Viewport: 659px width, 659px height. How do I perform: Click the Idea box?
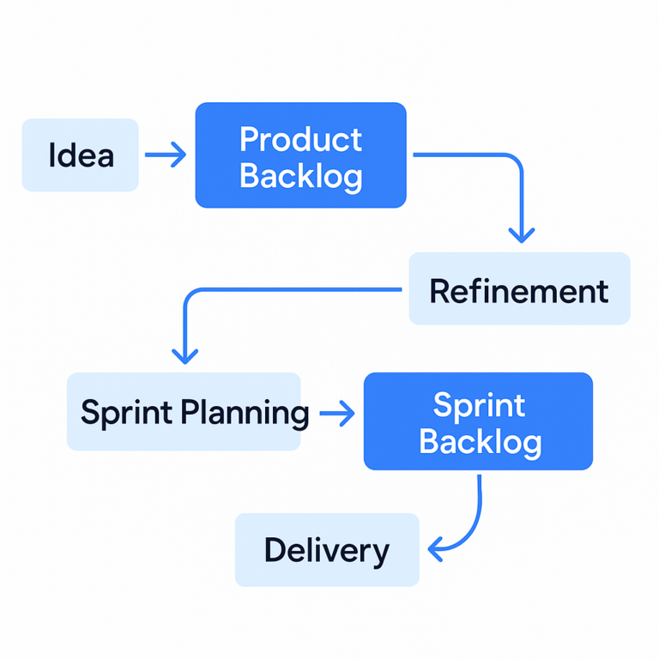coord(80,155)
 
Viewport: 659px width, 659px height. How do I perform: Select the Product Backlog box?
coord(300,155)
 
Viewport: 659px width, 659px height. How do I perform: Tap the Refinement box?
coord(519,289)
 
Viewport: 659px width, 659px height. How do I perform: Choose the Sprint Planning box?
coord(184,412)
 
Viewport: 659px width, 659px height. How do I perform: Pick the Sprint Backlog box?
coord(478,421)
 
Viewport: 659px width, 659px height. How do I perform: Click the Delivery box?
coord(327,550)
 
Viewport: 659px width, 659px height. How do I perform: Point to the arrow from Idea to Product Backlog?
coord(166,155)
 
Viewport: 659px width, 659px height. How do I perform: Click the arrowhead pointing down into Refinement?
coord(521,233)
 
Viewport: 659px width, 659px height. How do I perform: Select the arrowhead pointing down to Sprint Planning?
coord(184,354)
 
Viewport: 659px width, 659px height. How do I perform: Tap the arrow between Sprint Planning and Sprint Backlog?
coord(336,414)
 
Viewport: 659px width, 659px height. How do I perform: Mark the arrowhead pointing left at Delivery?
coord(437,545)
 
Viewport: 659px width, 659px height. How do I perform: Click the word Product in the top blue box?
coord(300,139)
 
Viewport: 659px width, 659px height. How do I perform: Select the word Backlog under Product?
coord(300,176)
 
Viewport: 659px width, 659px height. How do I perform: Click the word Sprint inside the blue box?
coord(479,405)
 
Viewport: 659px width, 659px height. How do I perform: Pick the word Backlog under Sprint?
coord(480,442)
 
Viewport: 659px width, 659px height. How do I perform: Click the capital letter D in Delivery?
coord(274,550)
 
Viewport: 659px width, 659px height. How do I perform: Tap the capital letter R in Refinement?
coord(438,291)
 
